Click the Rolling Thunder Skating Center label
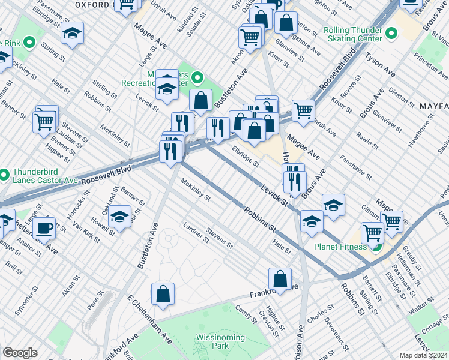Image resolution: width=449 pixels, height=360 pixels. [352, 34]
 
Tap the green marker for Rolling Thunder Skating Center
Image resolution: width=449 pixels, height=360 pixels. [391, 33]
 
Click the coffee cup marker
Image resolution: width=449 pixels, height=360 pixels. [44, 228]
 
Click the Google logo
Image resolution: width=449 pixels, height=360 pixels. [20, 353]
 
